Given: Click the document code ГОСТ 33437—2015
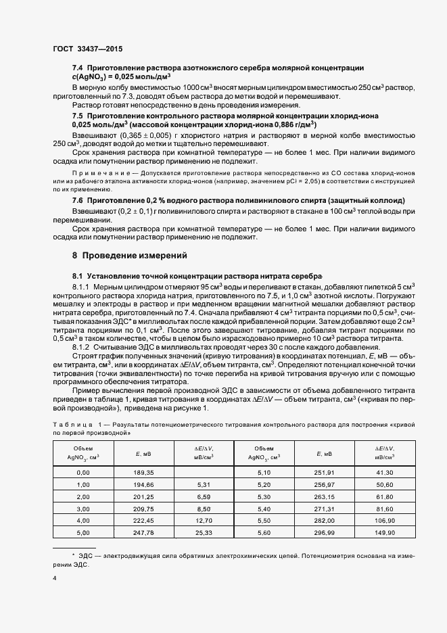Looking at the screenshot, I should pos(88,49).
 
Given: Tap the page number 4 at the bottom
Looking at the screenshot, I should pos(54,578).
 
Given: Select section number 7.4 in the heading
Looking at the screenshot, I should pos(78,68).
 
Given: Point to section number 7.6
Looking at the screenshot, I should pos(78,202).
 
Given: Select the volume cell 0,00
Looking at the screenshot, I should pos(84,471).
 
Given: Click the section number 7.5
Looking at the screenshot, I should pos(78,116).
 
